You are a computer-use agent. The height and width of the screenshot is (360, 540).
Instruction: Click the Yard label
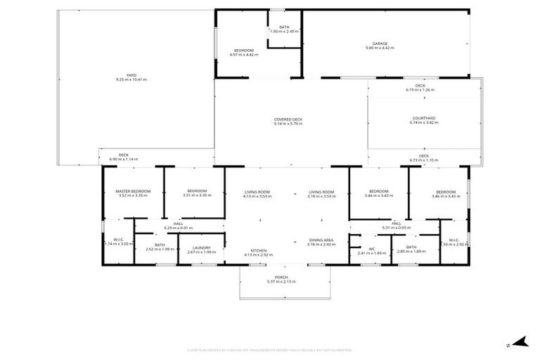(x=131, y=77)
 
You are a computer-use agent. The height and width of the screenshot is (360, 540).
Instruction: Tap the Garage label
(x=380, y=46)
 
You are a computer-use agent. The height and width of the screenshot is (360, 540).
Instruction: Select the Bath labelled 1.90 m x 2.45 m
(x=284, y=30)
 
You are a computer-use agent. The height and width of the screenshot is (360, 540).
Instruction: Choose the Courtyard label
(x=424, y=120)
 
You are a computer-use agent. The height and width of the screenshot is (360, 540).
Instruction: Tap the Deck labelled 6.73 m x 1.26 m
(x=420, y=88)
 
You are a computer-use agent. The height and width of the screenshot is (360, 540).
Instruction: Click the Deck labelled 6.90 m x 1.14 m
(x=123, y=157)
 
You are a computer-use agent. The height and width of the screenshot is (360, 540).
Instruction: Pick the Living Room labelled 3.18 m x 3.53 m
(x=321, y=193)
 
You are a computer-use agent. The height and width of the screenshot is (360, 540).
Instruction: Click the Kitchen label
(x=257, y=253)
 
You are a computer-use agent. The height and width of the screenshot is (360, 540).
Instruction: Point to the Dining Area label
(x=321, y=242)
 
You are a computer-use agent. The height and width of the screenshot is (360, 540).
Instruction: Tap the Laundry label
(x=200, y=250)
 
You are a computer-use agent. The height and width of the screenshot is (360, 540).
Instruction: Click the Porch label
(x=281, y=279)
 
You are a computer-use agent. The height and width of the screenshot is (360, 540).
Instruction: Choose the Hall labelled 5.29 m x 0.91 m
(x=179, y=226)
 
